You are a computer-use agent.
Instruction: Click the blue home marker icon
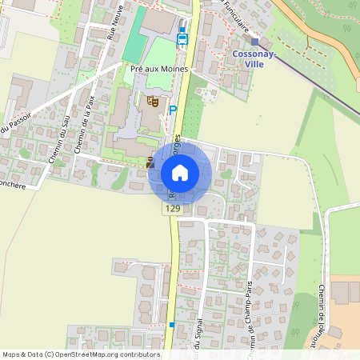point(180,172)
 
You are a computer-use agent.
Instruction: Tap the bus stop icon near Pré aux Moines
point(182,37)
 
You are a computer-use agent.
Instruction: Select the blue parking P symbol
point(172,110)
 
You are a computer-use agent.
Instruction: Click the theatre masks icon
point(151,101)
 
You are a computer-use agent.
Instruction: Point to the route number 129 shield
point(172,209)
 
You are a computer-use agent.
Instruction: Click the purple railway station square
point(255,41)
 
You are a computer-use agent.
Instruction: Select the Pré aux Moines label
point(159,69)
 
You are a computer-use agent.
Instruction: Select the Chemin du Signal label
point(198,340)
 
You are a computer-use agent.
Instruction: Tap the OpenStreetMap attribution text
point(81,354)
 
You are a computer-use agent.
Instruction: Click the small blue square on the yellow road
point(171,325)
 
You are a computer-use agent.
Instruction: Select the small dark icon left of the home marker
point(150,162)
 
